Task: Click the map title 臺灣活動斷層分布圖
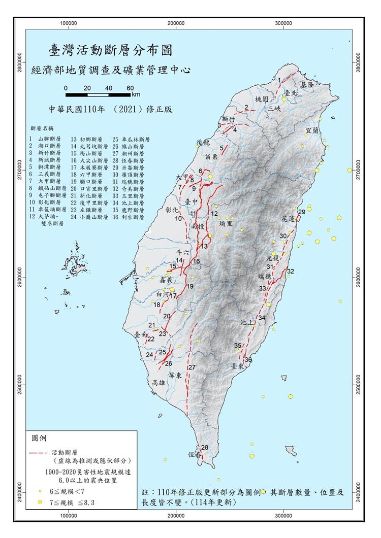click(110, 50)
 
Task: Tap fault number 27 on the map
click(192, 367)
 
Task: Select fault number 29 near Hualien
click(301, 212)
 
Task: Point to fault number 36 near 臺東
click(248, 360)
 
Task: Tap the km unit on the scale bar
click(136, 94)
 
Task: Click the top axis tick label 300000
click(283, 23)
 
